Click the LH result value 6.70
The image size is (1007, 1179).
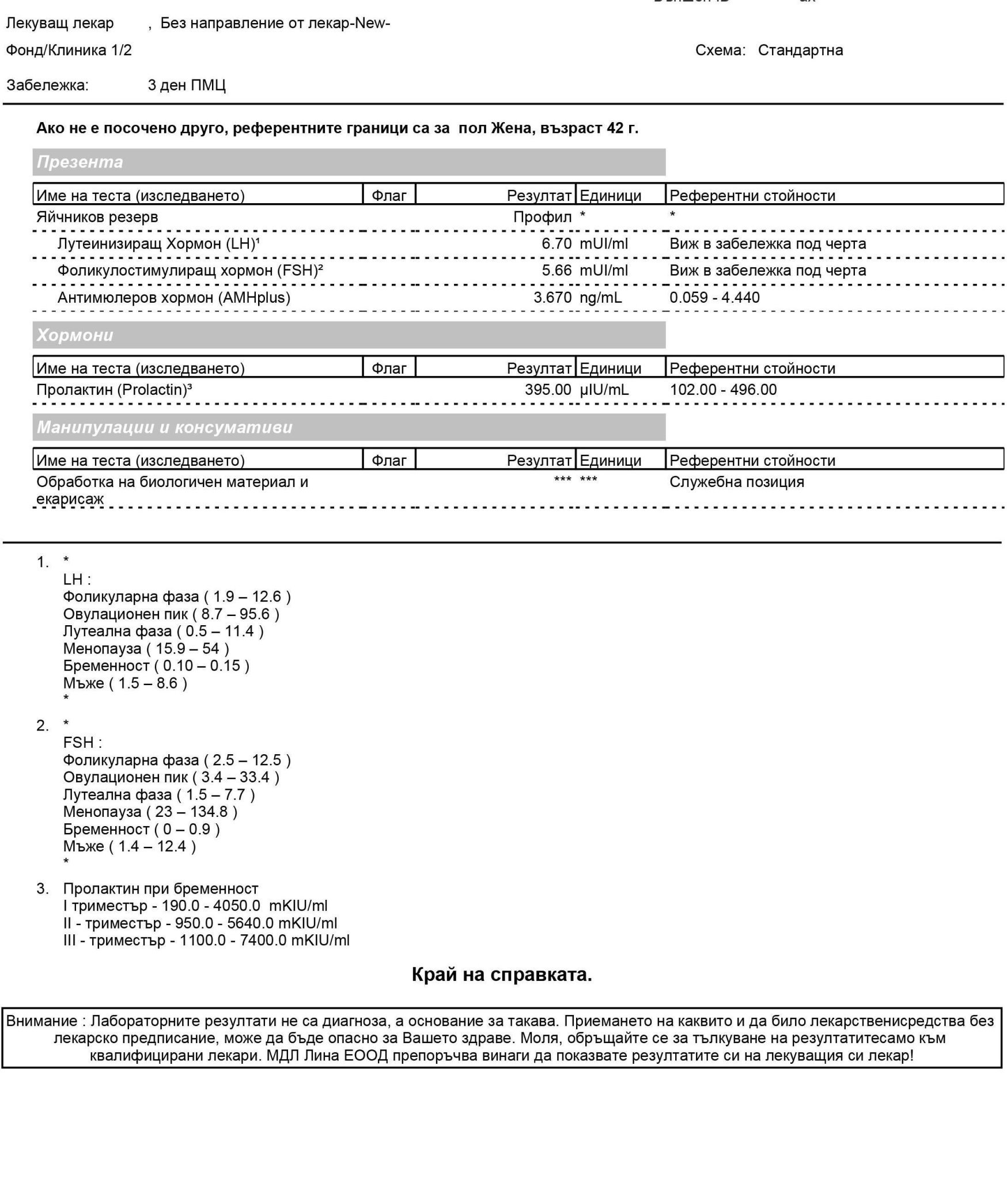556,244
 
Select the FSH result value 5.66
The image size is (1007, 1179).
556,271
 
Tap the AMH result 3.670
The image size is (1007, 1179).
552,298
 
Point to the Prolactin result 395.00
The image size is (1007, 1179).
548,390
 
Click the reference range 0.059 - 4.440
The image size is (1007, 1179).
714,298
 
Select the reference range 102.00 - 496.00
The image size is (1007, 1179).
723,390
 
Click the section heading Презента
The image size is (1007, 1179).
80,162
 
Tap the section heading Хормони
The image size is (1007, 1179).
75,335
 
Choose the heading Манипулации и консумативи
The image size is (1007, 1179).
165,427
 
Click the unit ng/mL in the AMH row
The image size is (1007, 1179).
601,298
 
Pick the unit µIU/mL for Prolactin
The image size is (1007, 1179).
604,390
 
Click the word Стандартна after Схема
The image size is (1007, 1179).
800,50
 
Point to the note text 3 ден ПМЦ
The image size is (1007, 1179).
187,86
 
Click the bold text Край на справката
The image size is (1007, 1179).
502,975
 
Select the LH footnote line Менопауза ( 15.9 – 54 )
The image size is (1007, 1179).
146,649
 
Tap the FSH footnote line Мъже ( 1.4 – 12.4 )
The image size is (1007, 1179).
130,846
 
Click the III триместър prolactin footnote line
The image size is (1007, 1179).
206,941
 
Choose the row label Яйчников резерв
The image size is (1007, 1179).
97,217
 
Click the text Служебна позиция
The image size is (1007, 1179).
736,482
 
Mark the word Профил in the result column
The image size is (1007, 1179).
542,217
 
